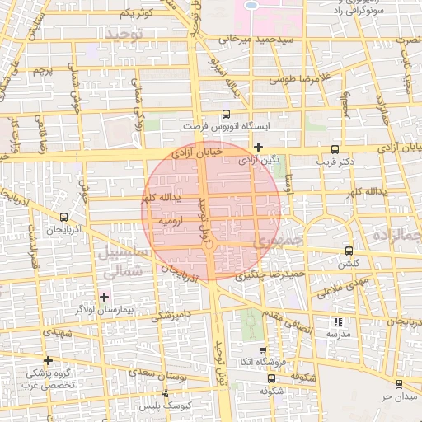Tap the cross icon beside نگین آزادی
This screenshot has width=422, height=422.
pyautogui.click(x=259, y=148)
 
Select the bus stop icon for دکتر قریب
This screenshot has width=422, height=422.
pyautogui.click(x=334, y=150)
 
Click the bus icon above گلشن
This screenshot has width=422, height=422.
pyautogui.click(x=349, y=250)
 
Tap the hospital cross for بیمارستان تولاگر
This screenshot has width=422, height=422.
pyautogui.click(x=103, y=296)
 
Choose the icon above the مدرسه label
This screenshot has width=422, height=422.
pyautogui.click(x=336, y=321)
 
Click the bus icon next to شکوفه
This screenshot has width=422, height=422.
pyautogui.click(x=272, y=378)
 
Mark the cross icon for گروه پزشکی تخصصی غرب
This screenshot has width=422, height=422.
pyautogui.click(x=49, y=360)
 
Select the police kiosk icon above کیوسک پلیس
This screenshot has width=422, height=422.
pyautogui.click(x=166, y=394)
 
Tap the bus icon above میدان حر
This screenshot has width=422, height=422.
pyautogui.click(x=399, y=384)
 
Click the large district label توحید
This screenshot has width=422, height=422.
pyautogui.click(x=124, y=32)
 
